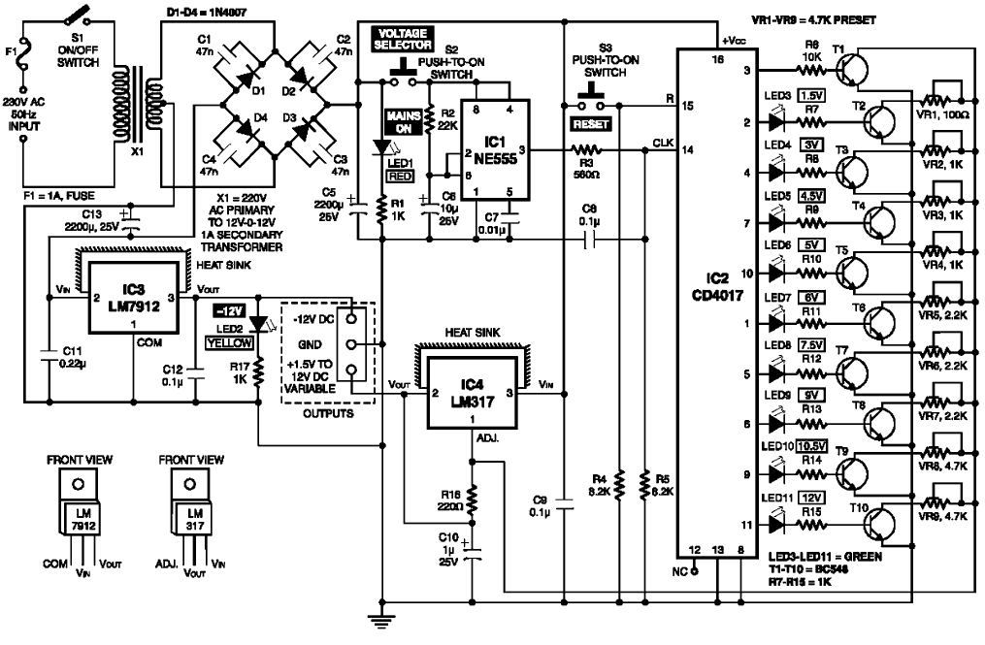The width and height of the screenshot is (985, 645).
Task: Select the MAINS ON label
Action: (x=401, y=120)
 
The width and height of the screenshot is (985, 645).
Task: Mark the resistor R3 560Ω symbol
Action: (x=584, y=150)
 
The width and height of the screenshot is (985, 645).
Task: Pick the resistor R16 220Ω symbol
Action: (x=473, y=500)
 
